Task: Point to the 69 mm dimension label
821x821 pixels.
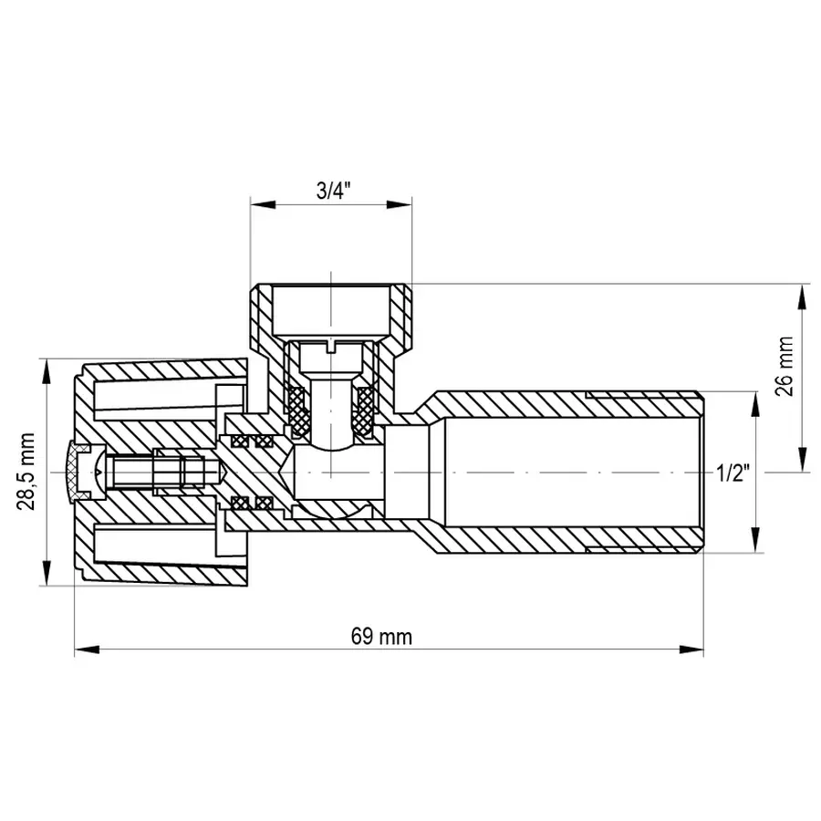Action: [381, 637]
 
